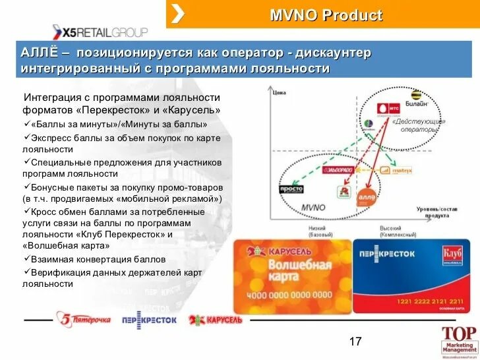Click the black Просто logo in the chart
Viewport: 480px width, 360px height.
pos(290,189)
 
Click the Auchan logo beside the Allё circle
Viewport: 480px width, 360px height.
pos(344,192)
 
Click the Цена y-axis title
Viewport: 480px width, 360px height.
pos(280,94)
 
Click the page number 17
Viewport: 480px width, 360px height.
pos(355,341)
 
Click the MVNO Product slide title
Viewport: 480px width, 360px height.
pos(326,15)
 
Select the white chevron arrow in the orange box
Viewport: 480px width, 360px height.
pos(178,14)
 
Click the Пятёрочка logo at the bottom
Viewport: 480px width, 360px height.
pos(84,319)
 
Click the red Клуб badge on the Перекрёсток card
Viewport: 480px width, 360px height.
pos(454,255)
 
